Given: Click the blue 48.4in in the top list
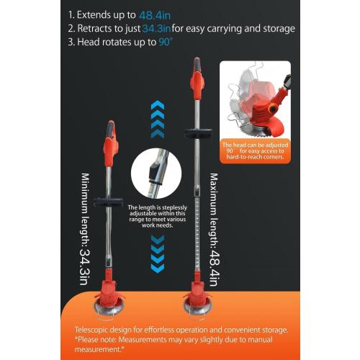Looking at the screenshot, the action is pos(155,16).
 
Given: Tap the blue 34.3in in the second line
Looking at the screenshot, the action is pos(156,29).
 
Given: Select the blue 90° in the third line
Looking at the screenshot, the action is pos(165,42).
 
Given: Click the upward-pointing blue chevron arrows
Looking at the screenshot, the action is pos(158,120).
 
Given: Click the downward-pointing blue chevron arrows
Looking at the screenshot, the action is pos(158,254).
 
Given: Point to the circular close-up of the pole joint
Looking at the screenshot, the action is pos(156,174).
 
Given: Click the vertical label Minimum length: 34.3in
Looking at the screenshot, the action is pos(85,229).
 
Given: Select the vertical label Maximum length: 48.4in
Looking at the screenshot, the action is pos(214,230).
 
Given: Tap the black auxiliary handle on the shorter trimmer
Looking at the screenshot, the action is pos(108,202).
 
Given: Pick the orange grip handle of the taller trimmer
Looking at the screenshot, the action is pos(197,78).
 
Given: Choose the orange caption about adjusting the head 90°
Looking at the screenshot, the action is pos(255,151).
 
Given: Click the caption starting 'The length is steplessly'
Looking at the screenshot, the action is pos(157,216).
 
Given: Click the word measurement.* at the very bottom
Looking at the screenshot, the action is pos(99,349).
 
